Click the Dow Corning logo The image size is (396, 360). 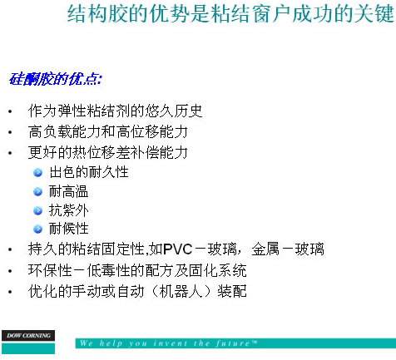(28, 342)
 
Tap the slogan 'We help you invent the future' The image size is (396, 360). (168, 343)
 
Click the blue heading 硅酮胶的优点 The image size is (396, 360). (56, 79)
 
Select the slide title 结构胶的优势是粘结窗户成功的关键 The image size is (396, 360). (230, 13)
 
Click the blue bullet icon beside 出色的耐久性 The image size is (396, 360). (37, 173)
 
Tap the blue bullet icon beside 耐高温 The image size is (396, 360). (37, 192)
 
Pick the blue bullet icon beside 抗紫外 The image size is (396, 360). (37, 211)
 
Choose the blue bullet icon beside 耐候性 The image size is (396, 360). (37, 229)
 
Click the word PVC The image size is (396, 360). (178, 249)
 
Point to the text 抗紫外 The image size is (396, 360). (69, 210)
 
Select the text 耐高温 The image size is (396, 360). (69, 191)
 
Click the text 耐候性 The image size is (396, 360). (69, 229)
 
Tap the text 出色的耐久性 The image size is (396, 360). (89, 172)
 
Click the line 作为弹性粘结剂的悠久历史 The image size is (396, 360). (115, 111)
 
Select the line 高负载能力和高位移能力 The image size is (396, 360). (108, 131)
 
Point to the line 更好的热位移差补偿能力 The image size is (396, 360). (108, 152)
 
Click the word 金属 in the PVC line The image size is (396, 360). (265, 249)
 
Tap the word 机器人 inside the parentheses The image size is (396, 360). (181, 291)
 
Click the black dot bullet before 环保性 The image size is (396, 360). (10, 271)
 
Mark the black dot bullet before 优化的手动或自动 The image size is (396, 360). (10, 292)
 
